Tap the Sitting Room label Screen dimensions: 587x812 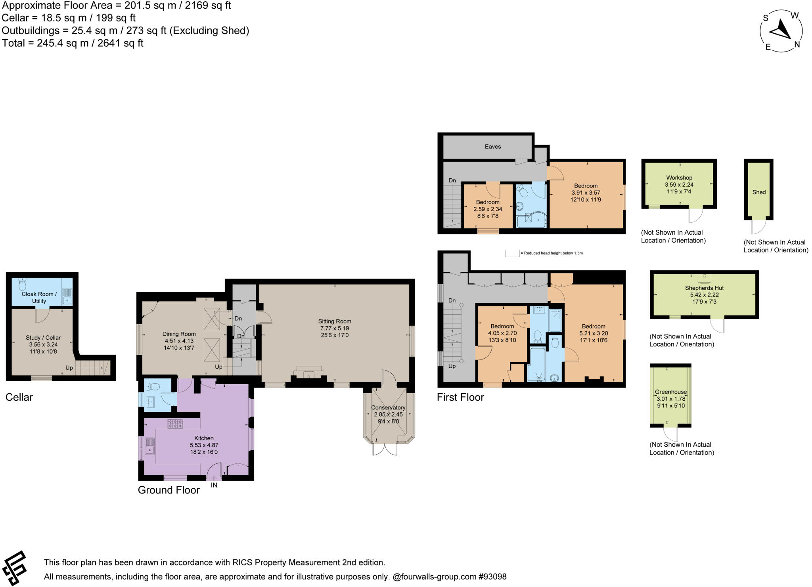[x=334, y=321]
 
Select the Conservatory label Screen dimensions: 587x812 [x=388, y=407]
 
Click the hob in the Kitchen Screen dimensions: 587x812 [x=175, y=423]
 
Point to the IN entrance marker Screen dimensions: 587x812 [x=214, y=485]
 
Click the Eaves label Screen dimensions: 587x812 [x=492, y=147]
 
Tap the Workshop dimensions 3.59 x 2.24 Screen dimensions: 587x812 [x=679, y=185]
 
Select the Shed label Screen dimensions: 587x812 [x=758, y=192]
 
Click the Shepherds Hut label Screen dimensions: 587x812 [x=704, y=288]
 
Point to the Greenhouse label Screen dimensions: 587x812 [x=670, y=392]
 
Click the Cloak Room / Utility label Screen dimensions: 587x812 [x=39, y=297]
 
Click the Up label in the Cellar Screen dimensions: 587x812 [x=69, y=368]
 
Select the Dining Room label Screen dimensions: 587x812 [x=179, y=334]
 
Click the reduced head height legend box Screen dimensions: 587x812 [x=512, y=253]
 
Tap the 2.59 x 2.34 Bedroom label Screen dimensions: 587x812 [x=487, y=209]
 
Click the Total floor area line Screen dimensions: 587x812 [x=73, y=43]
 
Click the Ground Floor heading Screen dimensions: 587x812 [x=169, y=490]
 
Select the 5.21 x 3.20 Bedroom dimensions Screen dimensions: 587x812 [x=593, y=333]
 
